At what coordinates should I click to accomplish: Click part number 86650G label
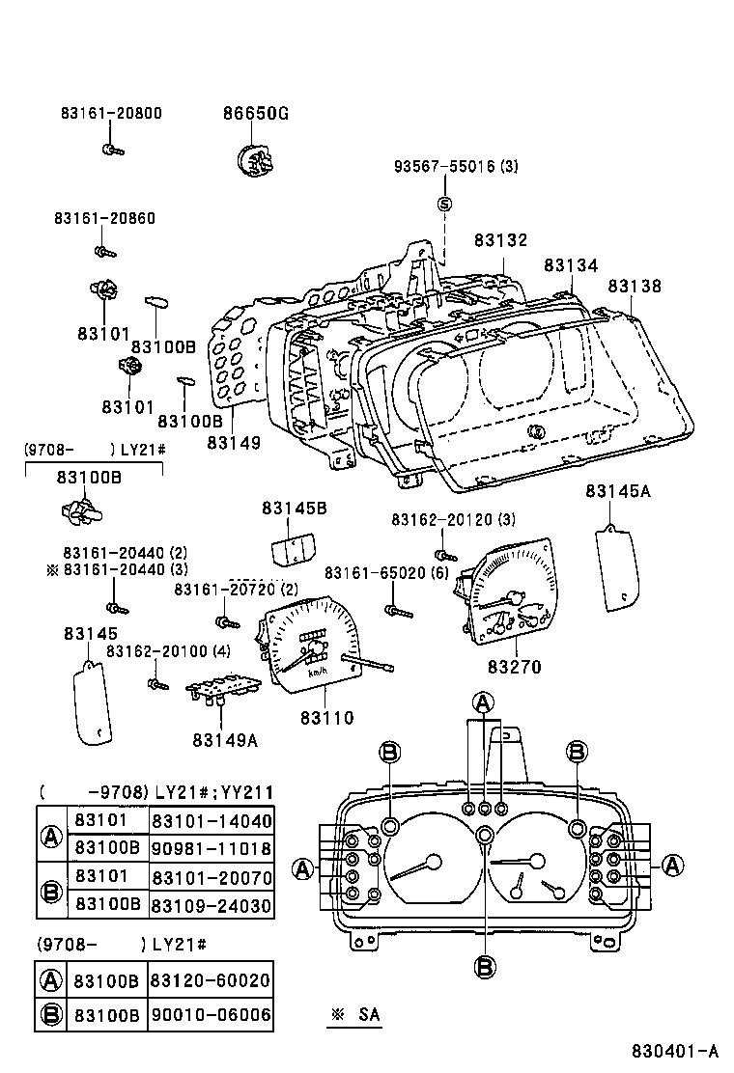(256, 114)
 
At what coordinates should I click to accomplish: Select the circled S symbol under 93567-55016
(445, 204)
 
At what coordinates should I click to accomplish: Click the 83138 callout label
(635, 287)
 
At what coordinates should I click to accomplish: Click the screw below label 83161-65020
(397, 611)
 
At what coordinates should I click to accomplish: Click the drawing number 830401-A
(676, 1051)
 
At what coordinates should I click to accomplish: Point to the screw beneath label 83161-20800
(109, 150)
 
